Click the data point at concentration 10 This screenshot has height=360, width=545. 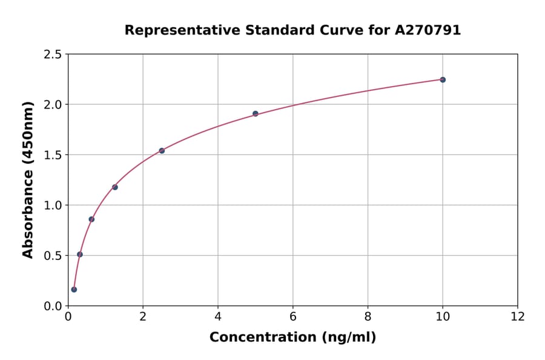tap(443, 79)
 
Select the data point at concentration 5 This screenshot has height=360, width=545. tap(256, 113)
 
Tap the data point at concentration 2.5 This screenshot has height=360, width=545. tap(162, 150)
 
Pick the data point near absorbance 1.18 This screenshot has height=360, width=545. tap(115, 187)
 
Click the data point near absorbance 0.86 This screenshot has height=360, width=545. tap(91, 219)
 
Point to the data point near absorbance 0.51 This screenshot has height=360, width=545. tap(80, 254)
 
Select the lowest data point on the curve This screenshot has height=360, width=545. tap(74, 289)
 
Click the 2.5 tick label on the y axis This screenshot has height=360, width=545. tap(52, 55)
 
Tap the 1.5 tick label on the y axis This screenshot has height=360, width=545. tap(52, 155)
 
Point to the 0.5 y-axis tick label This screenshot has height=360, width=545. tap(52, 256)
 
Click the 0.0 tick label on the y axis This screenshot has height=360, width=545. tap(52, 306)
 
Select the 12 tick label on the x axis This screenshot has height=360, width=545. tap(518, 317)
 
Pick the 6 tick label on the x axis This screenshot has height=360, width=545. tap(293, 317)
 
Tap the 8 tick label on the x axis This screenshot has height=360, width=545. tap(368, 317)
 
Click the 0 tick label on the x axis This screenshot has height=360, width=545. tap(68, 317)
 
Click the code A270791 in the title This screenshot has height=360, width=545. tap(428, 30)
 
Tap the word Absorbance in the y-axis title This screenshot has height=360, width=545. tap(28, 213)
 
